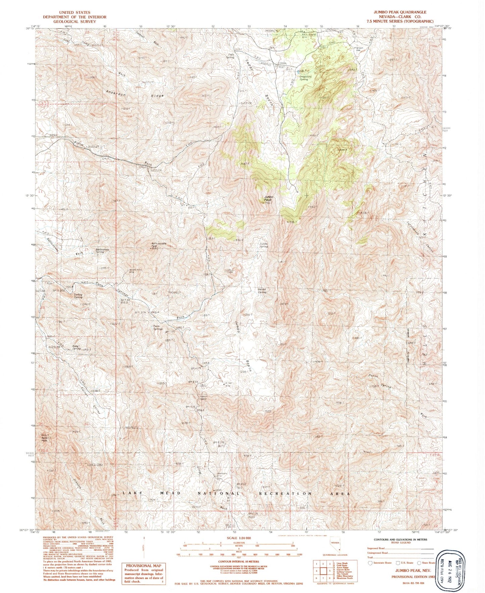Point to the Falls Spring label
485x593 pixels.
230,56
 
